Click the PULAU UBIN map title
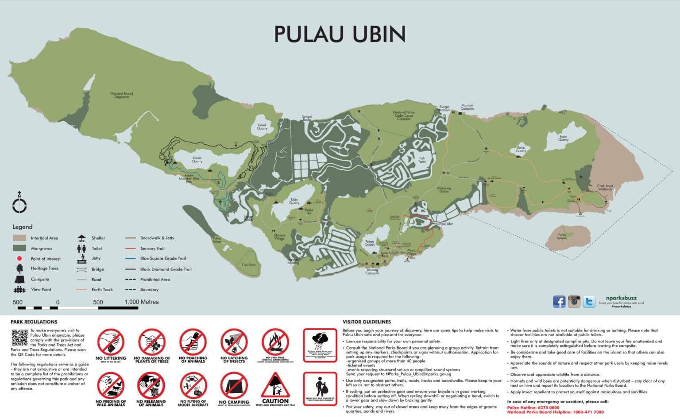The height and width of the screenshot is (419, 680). pos(340,34)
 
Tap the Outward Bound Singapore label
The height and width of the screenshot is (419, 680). pos(122,95)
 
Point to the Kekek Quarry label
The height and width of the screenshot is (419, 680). pos(262,127)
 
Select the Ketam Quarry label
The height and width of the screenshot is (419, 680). pos(197,160)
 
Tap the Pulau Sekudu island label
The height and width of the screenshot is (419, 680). pos(562,236)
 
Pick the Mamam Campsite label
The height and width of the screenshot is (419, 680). pos(467,107)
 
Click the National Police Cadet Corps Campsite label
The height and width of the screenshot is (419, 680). pos(404,115)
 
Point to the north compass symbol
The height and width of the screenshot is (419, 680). pos(19,204)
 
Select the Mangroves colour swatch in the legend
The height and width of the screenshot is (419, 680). pos(19,248)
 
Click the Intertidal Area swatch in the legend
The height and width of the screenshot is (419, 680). pos(19,238)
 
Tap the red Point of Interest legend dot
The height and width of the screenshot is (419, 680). pos(19,258)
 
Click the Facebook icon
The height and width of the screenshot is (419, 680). pos(559,302)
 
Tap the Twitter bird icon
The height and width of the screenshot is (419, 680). pos(589,302)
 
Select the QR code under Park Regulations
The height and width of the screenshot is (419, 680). pos(19,338)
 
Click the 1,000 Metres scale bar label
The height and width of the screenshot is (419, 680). pos(142,302)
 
